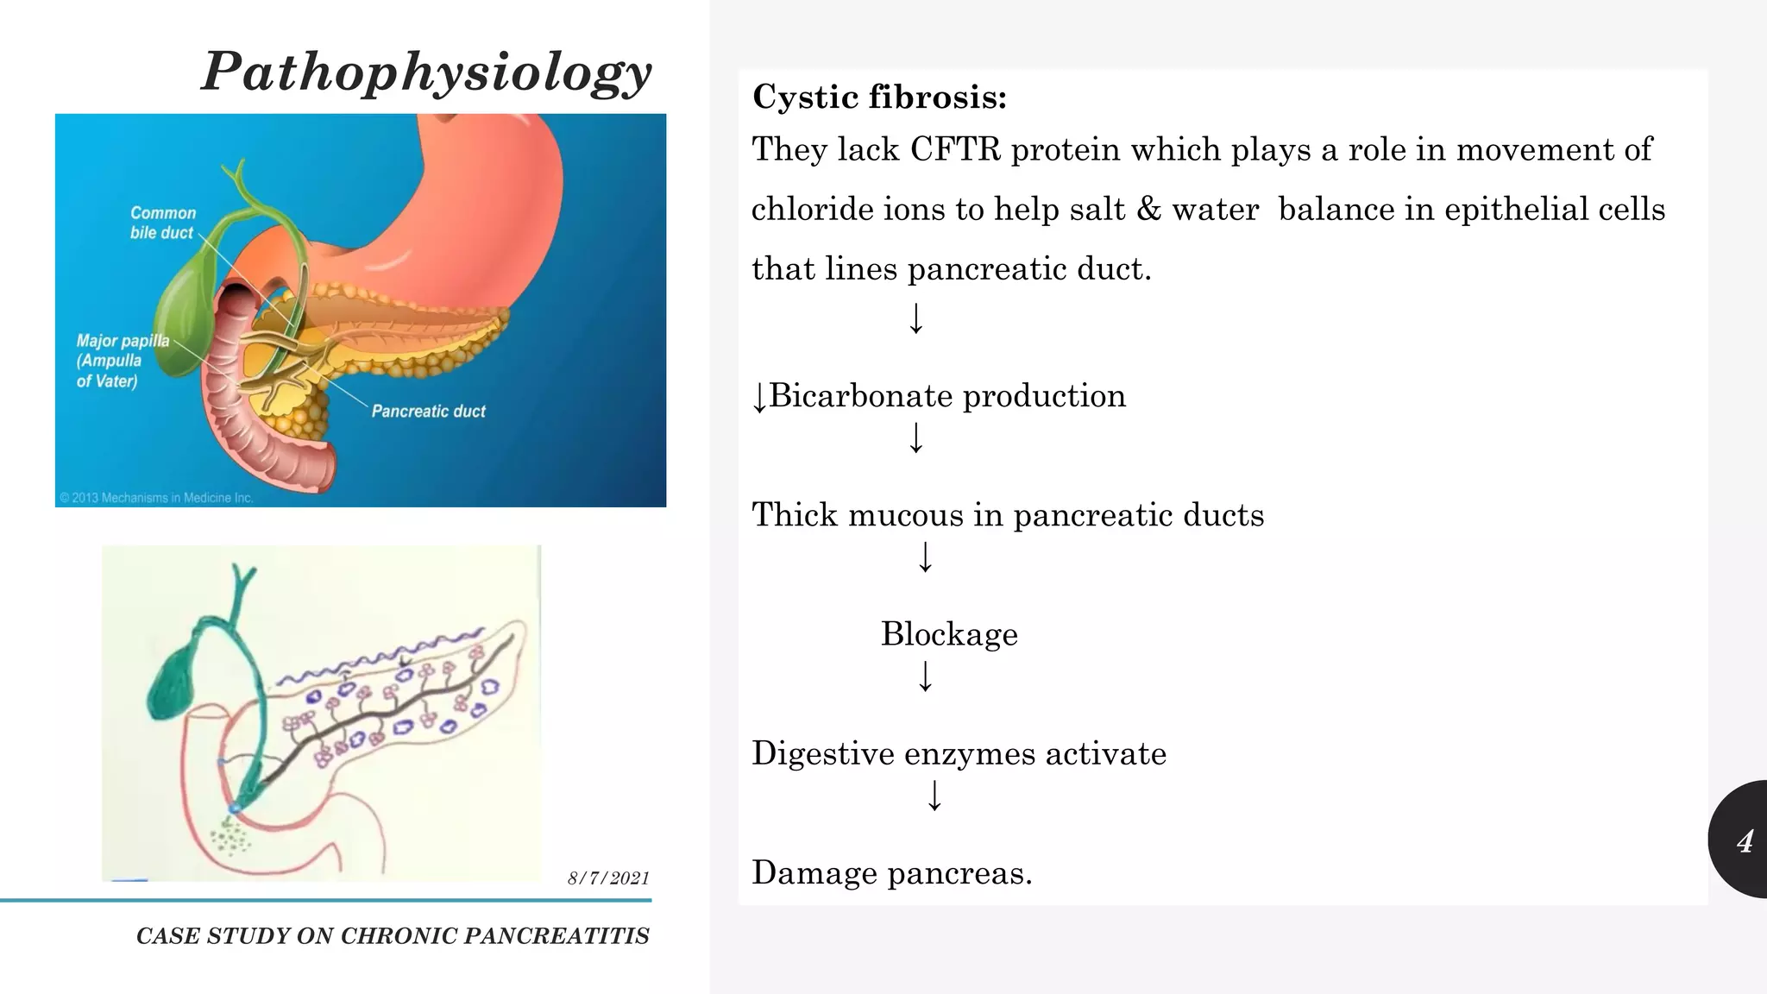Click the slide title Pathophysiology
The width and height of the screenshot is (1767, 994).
click(427, 72)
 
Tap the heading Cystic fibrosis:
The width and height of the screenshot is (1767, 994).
click(879, 97)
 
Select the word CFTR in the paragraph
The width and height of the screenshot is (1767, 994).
click(955, 149)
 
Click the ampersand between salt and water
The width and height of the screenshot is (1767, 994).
click(1148, 209)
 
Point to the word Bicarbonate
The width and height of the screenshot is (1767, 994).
click(860, 396)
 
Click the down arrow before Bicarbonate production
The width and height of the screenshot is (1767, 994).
click(758, 398)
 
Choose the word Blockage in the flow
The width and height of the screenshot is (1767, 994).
click(949, 634)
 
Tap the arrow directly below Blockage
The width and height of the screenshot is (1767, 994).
click(925, 676)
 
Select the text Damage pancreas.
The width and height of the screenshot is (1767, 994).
click(891, 872)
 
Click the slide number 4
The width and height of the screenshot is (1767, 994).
click(1745, 840)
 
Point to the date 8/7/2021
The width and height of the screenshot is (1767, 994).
click(608, 878)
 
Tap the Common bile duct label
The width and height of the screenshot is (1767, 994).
click(163, 223)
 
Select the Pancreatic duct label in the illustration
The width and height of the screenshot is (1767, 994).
click(428, 412)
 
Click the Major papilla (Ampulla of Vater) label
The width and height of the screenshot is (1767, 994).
click(122, 361)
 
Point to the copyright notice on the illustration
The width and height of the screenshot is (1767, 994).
click(156, 498)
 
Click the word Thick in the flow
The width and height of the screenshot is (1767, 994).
click(795, 515)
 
